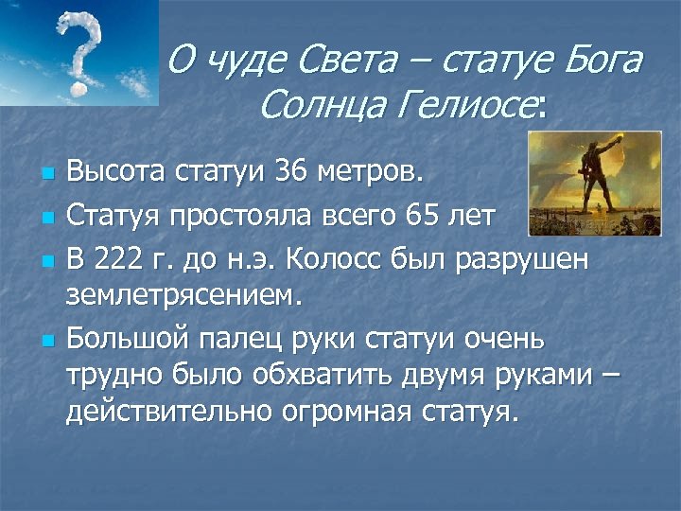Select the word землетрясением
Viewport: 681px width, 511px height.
pyautogui.click(x=184, y=297)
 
